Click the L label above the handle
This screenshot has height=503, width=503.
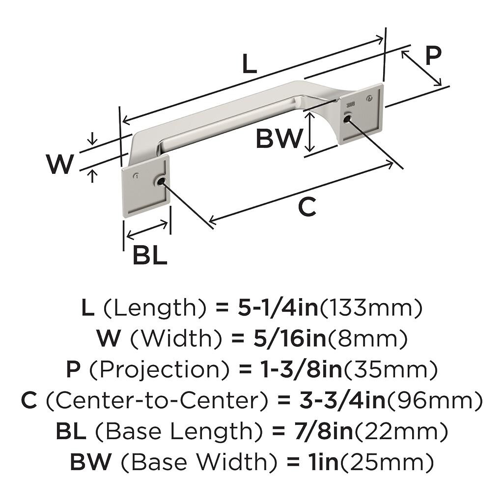(250, 64)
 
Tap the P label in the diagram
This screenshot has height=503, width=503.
(432, 56)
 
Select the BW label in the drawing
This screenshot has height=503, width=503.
(278, 139)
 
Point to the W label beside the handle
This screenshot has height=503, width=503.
(60, 164)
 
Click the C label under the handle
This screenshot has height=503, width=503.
(307, 208)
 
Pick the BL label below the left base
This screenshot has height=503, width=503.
(150, 255)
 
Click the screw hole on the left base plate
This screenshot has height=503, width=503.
(160, 182)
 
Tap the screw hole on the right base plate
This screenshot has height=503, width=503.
(347, 119)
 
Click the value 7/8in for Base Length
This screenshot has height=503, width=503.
(319, 432)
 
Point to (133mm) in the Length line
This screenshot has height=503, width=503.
(371, 308)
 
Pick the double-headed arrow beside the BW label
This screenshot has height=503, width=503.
(309, 132)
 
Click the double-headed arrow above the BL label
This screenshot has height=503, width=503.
(147, 230)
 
